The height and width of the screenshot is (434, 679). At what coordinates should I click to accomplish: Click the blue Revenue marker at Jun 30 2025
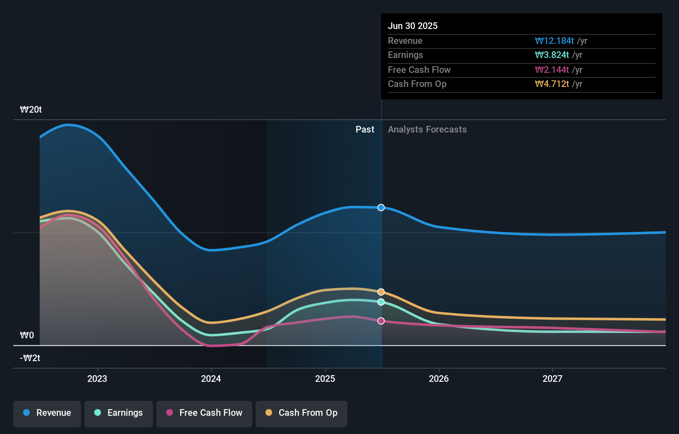(x=381, y=207)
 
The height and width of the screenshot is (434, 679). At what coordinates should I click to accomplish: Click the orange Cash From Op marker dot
(x=381, y=292)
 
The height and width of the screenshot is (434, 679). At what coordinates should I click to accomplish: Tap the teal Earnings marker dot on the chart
(x=381, y=302)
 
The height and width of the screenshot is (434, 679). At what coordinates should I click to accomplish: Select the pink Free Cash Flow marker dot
(x=381, y=321)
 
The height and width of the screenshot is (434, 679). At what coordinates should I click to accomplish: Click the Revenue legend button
(x=47, y=413)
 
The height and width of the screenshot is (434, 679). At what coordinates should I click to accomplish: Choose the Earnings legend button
(x=119, y=413)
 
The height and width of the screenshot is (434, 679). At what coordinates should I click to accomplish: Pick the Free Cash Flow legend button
(x=204, y=413)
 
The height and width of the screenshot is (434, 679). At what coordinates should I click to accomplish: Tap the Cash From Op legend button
(x=301, y=413)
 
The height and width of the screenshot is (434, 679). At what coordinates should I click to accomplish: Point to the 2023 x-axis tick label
(x=97, y=379)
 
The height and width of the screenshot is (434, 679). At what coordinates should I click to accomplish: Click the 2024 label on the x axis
(x=211, y=379)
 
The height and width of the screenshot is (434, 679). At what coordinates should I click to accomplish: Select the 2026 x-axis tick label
(x=439, y=379)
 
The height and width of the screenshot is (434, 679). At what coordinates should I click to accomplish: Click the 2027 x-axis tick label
(x=552, y=379)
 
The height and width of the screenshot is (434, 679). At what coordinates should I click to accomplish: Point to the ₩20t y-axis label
(x=31, y=110)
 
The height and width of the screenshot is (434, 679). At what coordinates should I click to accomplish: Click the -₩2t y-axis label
(x=30, y=358)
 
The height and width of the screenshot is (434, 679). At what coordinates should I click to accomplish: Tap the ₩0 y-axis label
(x=27, y=335)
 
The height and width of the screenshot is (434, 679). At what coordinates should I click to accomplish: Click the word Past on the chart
(x=365, y=130)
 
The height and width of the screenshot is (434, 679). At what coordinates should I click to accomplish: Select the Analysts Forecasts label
(x=427, y=130)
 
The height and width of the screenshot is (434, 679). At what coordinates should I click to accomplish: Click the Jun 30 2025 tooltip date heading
(x=413, y=26)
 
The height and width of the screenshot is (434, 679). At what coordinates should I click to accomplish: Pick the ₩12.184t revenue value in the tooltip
(x=554, y=41)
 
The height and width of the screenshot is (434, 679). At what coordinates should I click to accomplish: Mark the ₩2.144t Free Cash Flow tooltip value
(x=552, y=70)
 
